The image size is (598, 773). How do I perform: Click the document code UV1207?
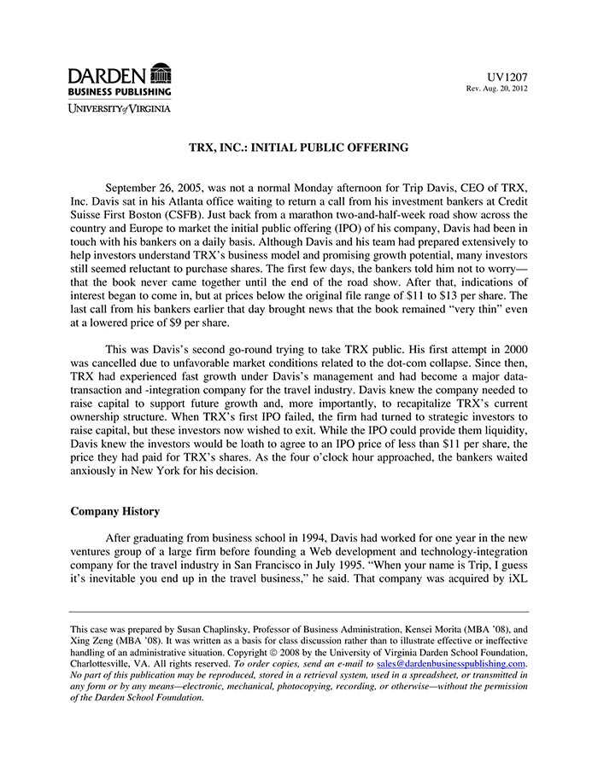[509, 77]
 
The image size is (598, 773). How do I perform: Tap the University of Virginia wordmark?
[120, 108]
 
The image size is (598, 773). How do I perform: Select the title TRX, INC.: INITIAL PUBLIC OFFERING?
[298, 148]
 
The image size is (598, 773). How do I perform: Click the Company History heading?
[114, 512]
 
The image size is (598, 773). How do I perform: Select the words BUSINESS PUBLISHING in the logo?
[120, 91]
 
